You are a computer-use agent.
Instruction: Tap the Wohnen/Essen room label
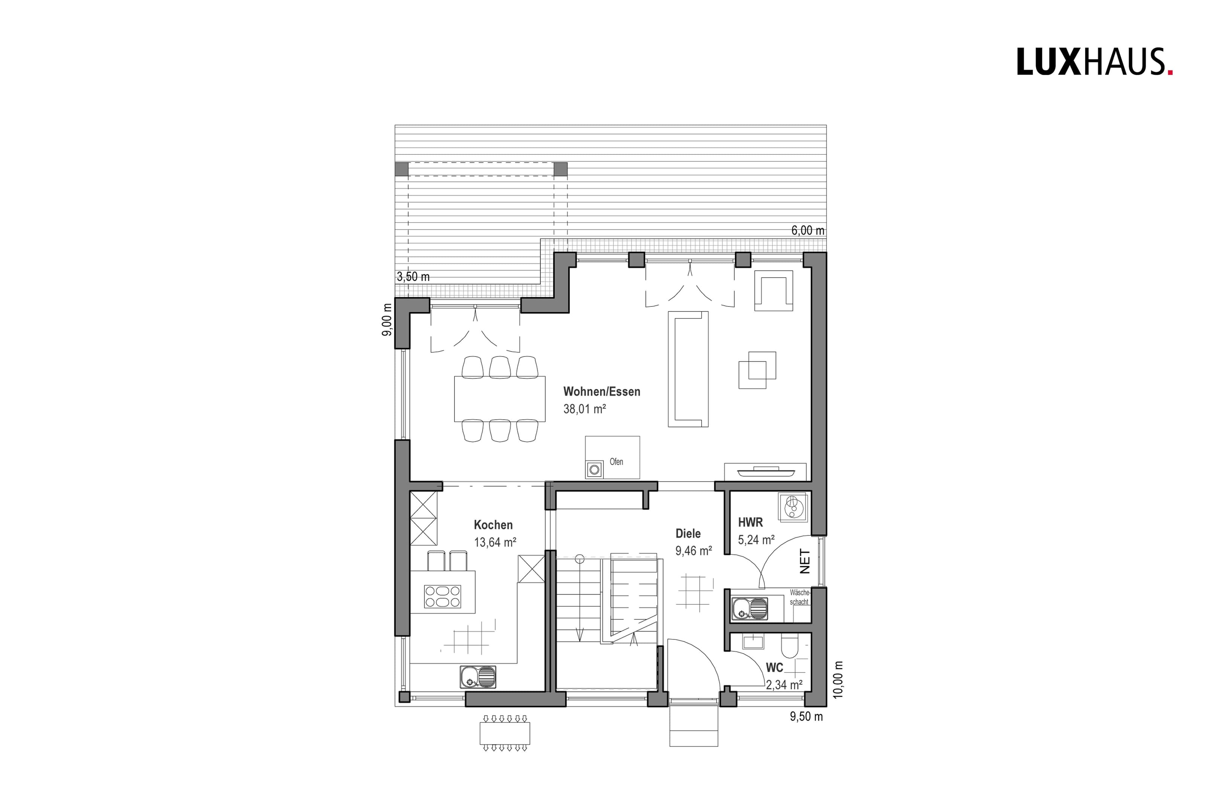(x=602, y=392)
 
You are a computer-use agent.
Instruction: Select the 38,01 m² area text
(x=585, y=409)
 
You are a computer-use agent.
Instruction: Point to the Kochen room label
(x=493, y=525)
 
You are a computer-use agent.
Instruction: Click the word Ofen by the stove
(x=616, y=462)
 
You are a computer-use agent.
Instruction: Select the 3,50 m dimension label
(x=413, y=277)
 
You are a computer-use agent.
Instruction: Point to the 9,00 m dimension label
(x=387, y=320)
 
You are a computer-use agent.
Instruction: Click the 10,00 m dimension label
(x=838, y=680)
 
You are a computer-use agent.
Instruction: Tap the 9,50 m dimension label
(x=807, y=716)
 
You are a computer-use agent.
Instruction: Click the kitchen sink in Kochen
(x=119, y=677)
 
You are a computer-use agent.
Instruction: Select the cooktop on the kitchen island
(x=442, y=596)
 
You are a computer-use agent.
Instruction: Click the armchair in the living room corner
(x=773, y=290)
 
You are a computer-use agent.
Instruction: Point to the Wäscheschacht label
(x=799, y=597)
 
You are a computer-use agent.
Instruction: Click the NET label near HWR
(x=805, y=561)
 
